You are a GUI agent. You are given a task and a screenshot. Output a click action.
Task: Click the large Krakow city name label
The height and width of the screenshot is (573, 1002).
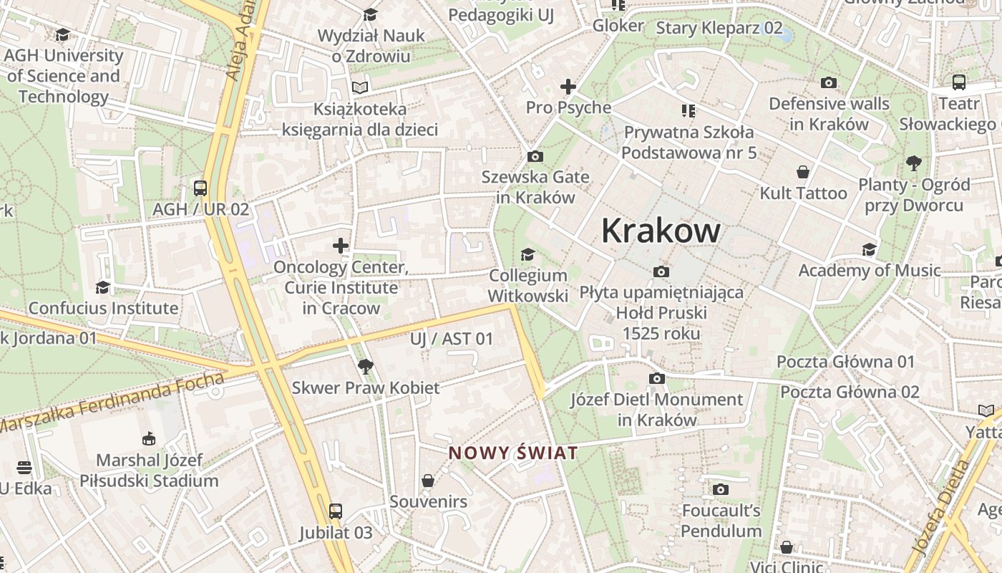pos(661,231)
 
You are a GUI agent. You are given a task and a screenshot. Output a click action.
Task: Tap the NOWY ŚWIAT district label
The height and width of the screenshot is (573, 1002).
pos(512,453)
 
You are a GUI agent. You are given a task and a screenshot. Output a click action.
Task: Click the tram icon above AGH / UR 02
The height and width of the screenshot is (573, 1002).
pos(200,188)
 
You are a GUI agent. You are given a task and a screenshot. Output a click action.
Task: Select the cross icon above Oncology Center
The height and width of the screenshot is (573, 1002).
pos(341,246)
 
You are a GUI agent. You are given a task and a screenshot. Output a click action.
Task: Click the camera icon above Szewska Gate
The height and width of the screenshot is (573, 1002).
pos(535,156)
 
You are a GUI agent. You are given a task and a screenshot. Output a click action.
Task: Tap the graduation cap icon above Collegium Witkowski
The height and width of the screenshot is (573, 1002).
pos(527,254)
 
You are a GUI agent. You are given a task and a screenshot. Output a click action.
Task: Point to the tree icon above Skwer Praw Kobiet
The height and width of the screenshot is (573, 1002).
pos(366,367)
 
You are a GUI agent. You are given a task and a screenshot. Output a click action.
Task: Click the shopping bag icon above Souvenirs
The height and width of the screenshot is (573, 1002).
pos(428,480)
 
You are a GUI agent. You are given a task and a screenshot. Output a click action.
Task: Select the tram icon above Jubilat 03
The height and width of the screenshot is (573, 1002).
pos(335,511)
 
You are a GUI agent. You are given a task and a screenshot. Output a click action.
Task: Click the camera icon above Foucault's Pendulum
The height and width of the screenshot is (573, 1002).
pos(721,489)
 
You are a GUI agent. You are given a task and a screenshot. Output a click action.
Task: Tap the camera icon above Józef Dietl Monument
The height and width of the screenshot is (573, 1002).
pos(656,378)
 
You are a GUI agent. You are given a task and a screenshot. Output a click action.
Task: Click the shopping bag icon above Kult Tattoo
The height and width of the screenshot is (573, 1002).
pos(803,172)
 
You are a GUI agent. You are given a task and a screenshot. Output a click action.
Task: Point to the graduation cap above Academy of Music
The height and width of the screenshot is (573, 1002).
pos(869,249)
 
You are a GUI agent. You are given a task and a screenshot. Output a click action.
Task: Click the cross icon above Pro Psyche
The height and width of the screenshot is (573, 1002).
pos(568,87)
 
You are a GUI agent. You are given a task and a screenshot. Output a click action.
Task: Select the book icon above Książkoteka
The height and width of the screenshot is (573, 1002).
pos(360,87)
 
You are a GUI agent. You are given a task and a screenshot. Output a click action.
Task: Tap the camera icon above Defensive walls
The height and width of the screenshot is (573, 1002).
pos(829,82)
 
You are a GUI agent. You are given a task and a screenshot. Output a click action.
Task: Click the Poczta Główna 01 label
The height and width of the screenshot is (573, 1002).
pos(845,362)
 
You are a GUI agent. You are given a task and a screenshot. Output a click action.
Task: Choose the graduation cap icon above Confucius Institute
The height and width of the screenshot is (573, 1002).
pos(103,287)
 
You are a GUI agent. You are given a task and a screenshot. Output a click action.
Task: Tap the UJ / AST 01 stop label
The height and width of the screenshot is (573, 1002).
pos(452,339)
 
